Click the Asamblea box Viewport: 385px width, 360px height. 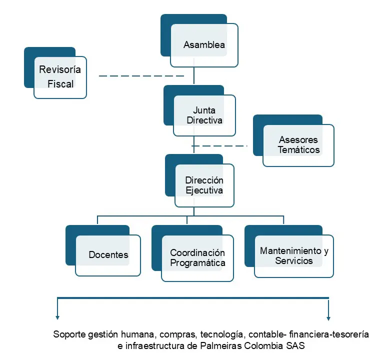204,45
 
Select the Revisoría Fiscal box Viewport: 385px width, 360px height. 60,76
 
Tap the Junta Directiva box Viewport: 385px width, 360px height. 204,115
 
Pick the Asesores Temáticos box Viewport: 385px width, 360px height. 298,145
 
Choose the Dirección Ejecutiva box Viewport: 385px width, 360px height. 204,185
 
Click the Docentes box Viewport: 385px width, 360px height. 108,255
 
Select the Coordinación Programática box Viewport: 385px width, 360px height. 197,258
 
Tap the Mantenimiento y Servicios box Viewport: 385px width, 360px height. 293,256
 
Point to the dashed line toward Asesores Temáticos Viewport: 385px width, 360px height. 220,146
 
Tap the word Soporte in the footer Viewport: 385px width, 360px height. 69,334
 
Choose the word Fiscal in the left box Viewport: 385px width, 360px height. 60,84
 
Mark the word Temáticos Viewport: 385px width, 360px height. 298,149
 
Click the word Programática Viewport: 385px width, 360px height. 197,263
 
